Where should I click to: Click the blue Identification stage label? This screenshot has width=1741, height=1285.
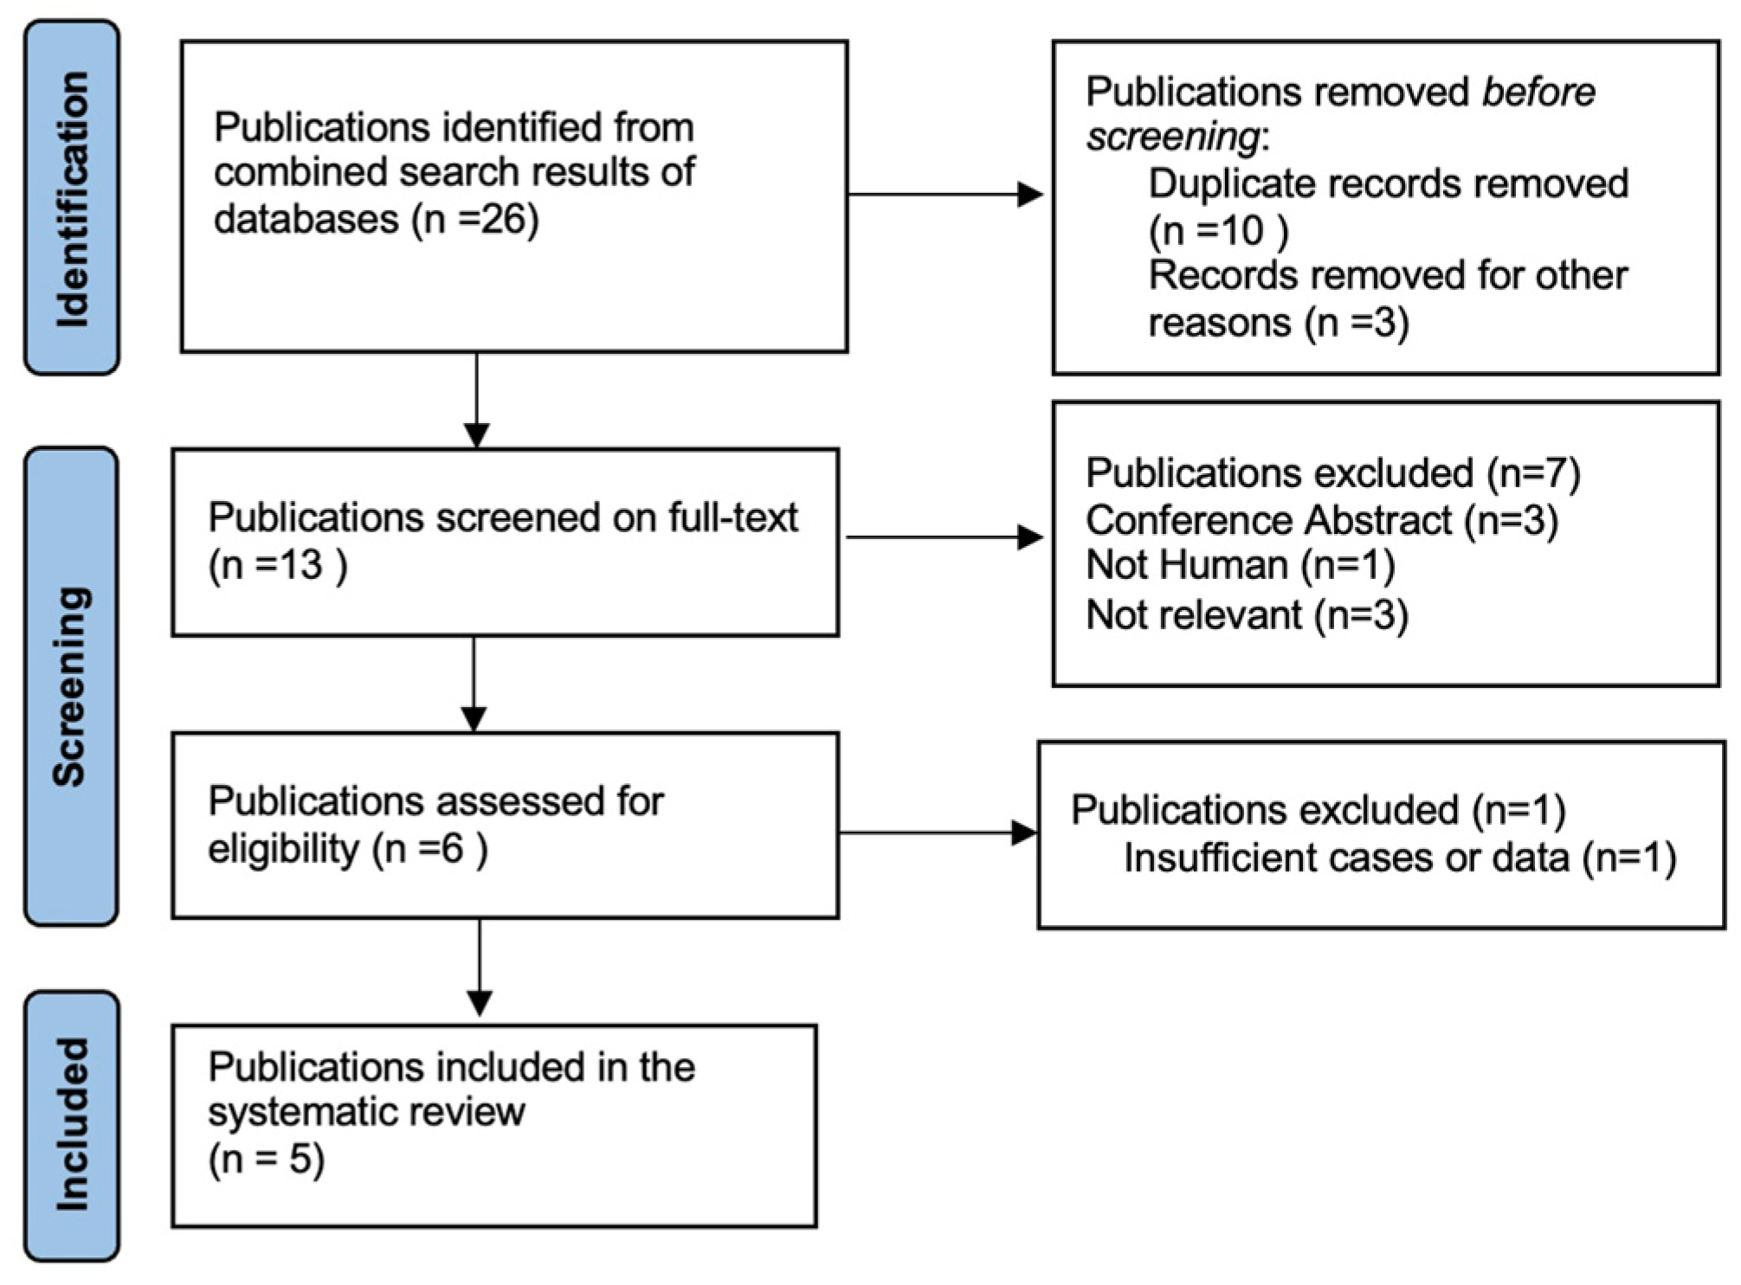click(x=72, y=198)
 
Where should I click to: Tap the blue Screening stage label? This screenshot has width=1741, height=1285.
click(x=71, y=685)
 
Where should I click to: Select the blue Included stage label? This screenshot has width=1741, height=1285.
click(x=72, y=1125)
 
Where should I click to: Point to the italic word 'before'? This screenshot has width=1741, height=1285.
click(x=1538, y=92)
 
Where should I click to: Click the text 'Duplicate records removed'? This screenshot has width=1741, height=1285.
click(x=1388, y=183)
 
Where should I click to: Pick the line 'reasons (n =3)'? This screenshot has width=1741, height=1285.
click(x=1278, y=323)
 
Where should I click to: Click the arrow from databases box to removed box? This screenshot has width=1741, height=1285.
click(x=944, y=195)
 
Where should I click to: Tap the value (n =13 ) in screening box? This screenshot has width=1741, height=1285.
click(x=278, y=565)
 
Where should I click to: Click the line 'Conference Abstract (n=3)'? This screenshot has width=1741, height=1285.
click(x=1321, y=520)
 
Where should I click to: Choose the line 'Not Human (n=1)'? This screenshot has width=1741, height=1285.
click(x=1240, y=565)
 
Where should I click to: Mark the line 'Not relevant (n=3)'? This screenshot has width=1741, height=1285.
click(x=1247, y=615)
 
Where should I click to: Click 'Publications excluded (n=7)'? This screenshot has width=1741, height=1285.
click(x=1332, y=472)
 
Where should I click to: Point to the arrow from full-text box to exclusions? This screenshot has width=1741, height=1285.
click(x=944, y=537)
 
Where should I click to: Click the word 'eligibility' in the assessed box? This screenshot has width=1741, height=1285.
click(x=283, y=849)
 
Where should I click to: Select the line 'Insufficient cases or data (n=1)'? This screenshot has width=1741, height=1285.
click(x=1399, y=858)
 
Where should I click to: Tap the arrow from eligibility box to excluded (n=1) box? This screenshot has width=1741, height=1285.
click(x=937, y=832)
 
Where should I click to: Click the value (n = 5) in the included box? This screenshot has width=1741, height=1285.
click(x=266, y=1159)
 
